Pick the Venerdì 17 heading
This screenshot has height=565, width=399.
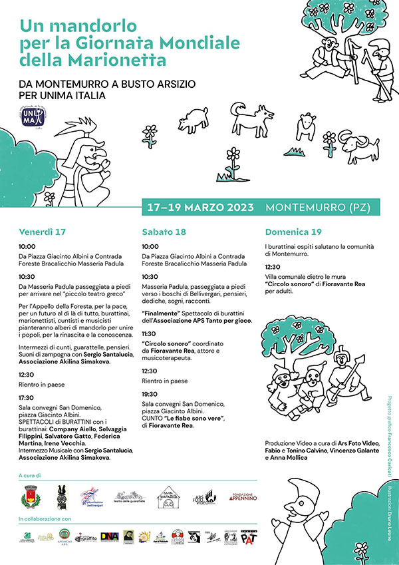43,232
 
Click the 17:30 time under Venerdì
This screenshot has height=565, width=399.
27,397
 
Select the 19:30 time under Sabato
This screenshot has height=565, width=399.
150,394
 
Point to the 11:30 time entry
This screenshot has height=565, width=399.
150,333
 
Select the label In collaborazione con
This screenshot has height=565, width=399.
45,518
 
